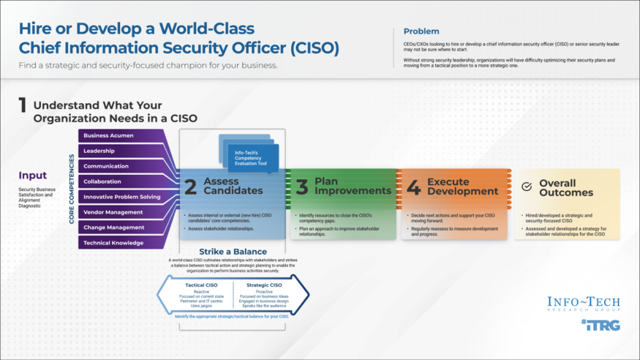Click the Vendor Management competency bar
click(113, 212)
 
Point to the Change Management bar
click(113, 228)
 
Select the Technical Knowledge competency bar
click(113, 243)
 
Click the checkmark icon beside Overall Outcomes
click(527, 187)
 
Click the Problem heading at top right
click(421, 31)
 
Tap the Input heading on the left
click(33, 176)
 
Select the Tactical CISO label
click(200, 285)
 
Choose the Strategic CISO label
click(265, 285)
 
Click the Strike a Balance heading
click(233, 252)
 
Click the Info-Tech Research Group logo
click(583, 303)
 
